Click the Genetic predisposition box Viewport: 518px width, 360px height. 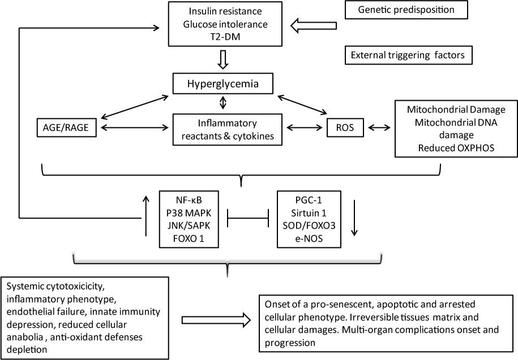click(x=406, y=10)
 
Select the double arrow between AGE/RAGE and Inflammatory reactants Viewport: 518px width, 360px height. click(x=134, y=128)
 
